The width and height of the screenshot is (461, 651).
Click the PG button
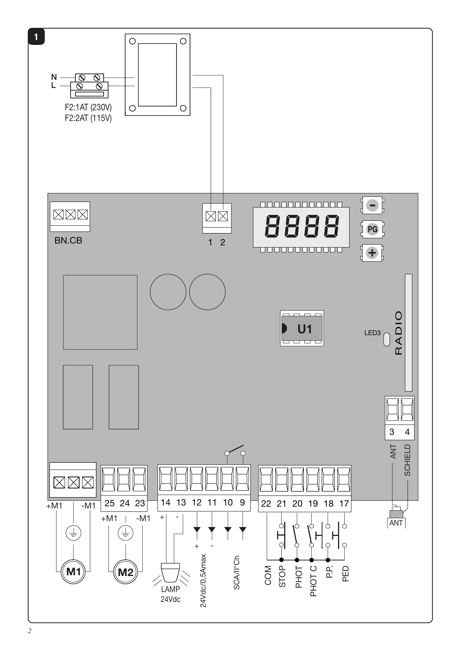point(372,229)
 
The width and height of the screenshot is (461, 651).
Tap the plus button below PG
point(372,253)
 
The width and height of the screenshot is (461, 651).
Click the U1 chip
point(302,328)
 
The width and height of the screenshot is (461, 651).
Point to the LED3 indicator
point(387,339)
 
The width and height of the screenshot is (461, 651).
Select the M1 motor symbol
point(74,572)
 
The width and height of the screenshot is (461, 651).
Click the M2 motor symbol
point(126,572)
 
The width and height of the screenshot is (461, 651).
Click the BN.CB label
point(68,241)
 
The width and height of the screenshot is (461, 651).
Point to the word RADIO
point(398,333)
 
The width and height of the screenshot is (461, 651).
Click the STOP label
point(282,576)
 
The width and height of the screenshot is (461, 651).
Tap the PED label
point(345,574)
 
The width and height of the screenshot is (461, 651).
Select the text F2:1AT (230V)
point(88,107)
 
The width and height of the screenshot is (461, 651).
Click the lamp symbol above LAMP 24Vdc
point(171,572)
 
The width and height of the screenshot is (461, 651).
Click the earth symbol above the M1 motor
point(74,533)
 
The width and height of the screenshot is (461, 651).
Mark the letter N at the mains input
point(54,77)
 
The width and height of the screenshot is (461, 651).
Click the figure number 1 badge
point(36,37)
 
